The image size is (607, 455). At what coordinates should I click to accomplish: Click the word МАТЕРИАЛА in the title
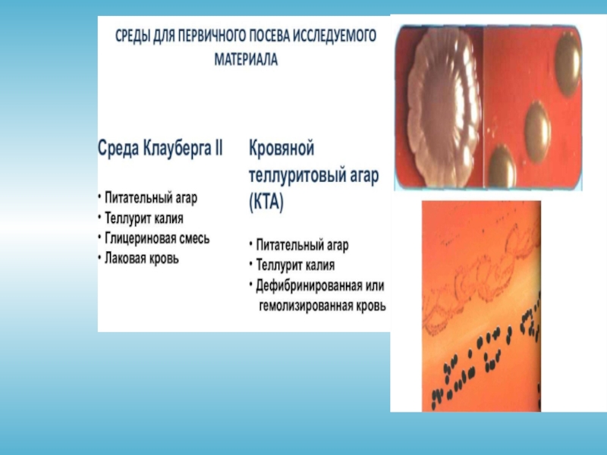pos(246,59)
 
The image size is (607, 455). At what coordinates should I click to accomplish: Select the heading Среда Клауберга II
pos(160,148)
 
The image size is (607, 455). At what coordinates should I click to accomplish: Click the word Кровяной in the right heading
pos(281,148)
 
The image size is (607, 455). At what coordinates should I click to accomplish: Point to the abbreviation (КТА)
pos(266,202)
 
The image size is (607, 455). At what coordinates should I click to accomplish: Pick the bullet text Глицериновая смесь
pos(157,238)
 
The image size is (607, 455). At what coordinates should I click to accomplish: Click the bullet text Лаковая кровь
pos(142,258)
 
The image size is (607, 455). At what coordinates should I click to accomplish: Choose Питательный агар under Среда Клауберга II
pos(151,198)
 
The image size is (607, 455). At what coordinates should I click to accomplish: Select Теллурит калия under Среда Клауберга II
pos(144,218)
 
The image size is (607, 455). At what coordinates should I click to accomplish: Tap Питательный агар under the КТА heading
pos(302,245)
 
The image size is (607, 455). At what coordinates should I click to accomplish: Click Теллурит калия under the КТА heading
pos(295,265)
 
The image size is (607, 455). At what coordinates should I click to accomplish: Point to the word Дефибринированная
pos(310,286)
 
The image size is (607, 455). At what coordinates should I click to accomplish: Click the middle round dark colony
pos(538,131)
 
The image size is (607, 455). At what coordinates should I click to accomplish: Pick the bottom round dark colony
pos(502,165)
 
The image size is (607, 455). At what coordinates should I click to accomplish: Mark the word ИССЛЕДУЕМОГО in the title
pos(334,36)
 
